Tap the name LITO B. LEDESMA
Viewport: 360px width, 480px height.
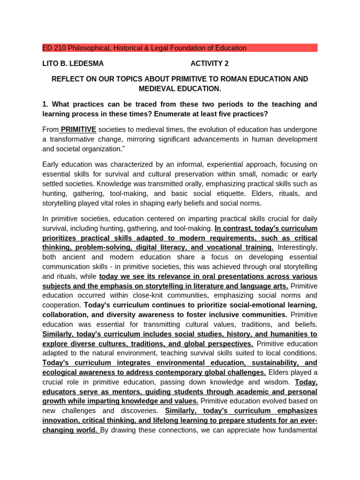73,63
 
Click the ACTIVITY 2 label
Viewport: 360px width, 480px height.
210,63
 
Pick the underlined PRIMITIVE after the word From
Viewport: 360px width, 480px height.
78,129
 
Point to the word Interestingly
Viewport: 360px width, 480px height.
297,247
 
